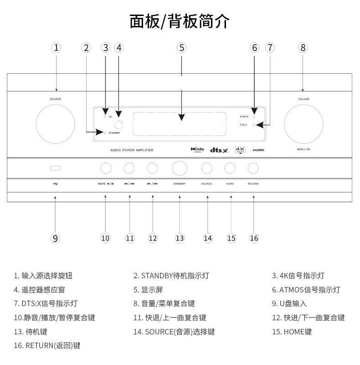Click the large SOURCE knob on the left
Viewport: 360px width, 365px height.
coord(56,123)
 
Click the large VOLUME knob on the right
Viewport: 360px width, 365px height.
coord(303,123)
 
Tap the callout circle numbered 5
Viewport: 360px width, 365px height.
coord(181,47)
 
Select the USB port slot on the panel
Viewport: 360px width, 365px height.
coord(56,168)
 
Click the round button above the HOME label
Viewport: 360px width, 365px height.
coord(230,168)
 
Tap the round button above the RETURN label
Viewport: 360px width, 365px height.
coord(253,168)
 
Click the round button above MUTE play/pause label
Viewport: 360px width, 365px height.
coord(106,168)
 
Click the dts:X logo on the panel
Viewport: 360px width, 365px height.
coord(219,150)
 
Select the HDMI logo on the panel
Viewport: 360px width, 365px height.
coord(258,150)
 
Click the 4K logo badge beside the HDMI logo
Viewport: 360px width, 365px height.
coord(240,149)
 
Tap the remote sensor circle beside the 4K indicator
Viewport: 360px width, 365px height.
coord(119,124)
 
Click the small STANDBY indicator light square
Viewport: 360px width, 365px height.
coord(105,133)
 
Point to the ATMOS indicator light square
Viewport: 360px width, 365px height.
coord(254,117)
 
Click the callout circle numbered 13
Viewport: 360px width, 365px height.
coord(180,238)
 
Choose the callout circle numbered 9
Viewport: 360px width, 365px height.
coord(56,238)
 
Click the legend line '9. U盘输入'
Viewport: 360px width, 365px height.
coord(290,303)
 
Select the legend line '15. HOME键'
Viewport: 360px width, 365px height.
coord(292,332)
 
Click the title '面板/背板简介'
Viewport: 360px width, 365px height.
coord(180,21)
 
